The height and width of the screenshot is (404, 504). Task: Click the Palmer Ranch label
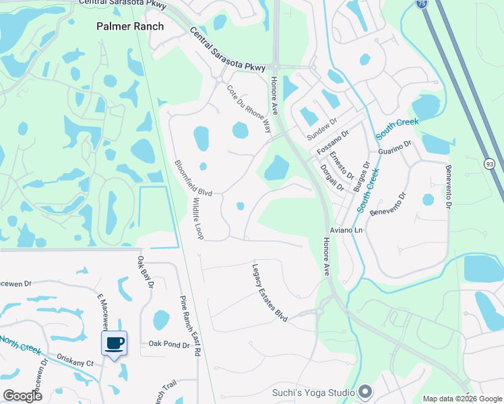tap(129, 26)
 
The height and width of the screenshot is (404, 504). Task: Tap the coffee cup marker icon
tap(114, 343)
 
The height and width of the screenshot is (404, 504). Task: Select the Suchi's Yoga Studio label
tap(313, 392)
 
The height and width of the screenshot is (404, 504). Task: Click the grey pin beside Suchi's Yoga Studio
tap(365, 391)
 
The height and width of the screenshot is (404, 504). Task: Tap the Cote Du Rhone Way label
tap(249, 108)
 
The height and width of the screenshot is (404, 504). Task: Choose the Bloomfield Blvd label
tap(193, 178)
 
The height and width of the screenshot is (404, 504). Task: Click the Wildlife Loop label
tap(197, 219)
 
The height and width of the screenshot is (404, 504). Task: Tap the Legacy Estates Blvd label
tap(270, 292)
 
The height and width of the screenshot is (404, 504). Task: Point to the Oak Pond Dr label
tap(168, 345)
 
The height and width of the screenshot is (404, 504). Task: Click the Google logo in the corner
tap(22, 395)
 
